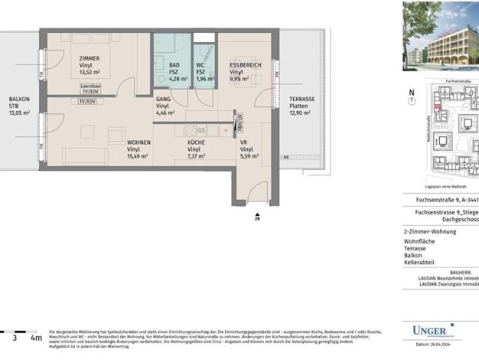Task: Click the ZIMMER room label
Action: [x=86, y=58]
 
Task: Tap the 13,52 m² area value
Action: [x=88, y=73]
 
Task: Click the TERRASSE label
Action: [x=302, y=99]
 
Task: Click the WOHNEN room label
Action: [x=139, y=142]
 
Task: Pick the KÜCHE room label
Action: [x=196, y=142]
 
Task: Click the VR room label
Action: [x=244, y=142]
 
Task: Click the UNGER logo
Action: [x=433, y=330]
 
